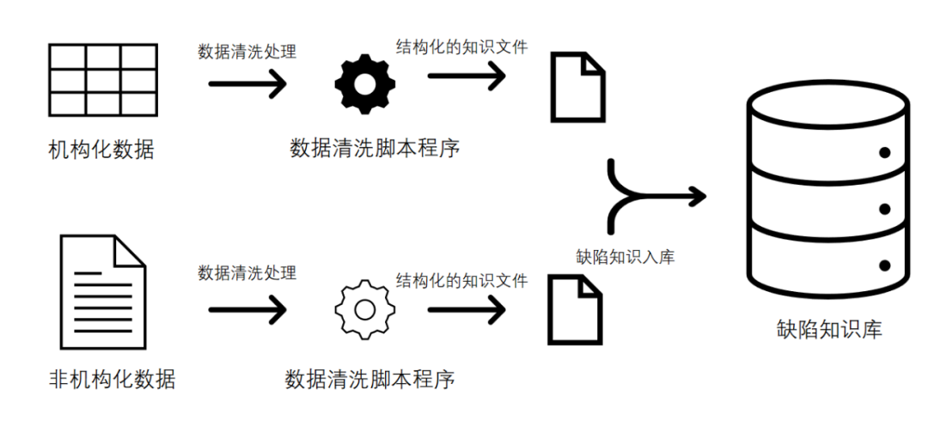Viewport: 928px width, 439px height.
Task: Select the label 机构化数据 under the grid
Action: [x=101, y=149]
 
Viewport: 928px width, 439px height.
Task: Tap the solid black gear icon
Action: [x=365, y=83]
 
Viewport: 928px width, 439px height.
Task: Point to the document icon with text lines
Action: [x=103, y=291]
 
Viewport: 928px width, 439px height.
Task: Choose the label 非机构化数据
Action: [x=113, y=379]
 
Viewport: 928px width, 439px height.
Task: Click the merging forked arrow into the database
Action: [x=653, y=196]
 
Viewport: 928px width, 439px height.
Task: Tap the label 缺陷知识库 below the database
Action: [x=828, y=329]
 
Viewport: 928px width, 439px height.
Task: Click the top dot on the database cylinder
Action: [x=883, y=154]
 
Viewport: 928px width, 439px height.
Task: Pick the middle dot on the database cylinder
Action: [x=883, y=210]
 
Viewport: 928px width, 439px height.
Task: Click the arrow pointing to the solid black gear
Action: [x=247, y=83]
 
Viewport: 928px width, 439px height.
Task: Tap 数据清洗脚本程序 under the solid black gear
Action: [x=375, y=148]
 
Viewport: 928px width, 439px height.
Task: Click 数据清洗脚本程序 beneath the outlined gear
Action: [x=370, y=379]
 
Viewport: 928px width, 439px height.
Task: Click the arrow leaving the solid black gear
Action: [x=467, y=76]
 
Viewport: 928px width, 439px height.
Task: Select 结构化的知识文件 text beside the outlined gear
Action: [x=461, y=280]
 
